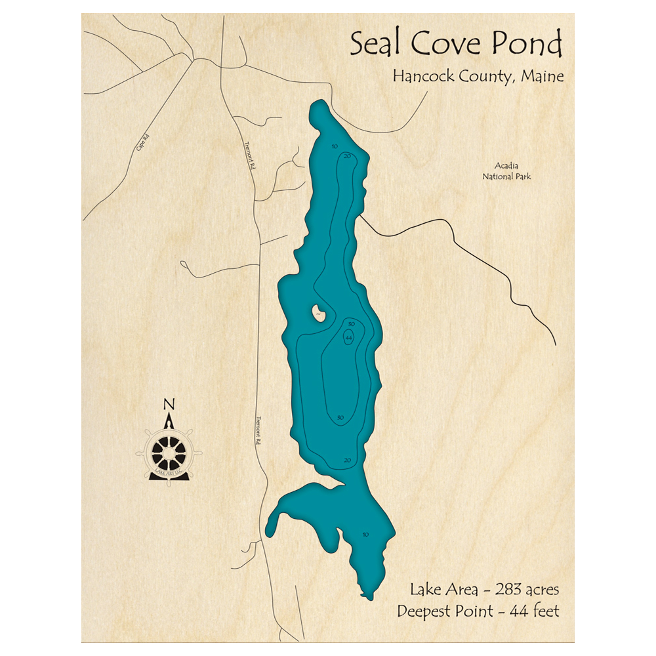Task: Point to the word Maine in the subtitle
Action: click(x=542, y=76)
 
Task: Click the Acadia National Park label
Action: click(x=506, y=172)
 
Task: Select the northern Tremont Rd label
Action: click(x=249, y=156)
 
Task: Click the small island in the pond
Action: click(x=319, y=312)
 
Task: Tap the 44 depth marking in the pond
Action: click(x=349, y=337)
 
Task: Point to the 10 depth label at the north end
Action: click(x=335, y=146)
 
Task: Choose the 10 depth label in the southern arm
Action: click(x=365, y=535)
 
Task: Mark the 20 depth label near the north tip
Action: click(x=347, y=155)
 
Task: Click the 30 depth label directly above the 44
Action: click(x=351, y=324)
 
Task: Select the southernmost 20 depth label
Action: click(x=348, y=460)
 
